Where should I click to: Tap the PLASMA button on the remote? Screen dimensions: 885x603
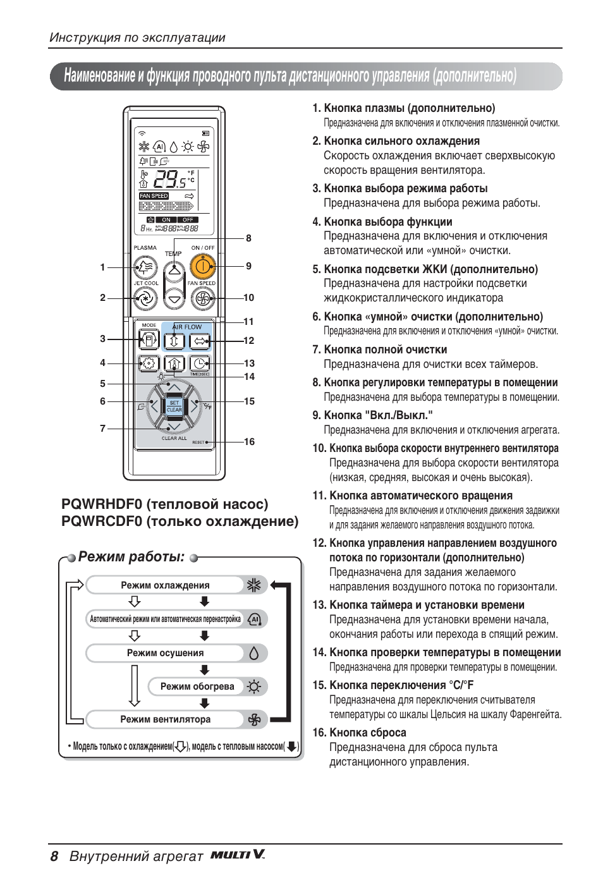tap(145, 267)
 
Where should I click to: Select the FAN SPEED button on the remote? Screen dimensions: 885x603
tap(202, 298)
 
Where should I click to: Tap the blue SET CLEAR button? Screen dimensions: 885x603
tap(174, 406)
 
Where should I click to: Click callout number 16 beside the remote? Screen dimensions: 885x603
tap(249, 442)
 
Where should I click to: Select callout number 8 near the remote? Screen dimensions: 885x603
tap(248, 238)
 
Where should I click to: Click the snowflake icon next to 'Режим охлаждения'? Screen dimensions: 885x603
tap(254, 585)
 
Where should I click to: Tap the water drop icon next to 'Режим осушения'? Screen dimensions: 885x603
tap(254, 653)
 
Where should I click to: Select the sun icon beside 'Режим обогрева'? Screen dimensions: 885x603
tap(254, 687)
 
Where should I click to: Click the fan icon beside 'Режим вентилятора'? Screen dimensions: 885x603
tap(254, 719)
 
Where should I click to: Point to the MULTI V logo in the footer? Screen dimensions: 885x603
tap(237, 855)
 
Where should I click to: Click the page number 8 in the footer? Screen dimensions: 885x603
tap(54, 857)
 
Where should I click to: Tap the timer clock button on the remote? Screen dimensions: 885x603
tap(199, 363)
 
